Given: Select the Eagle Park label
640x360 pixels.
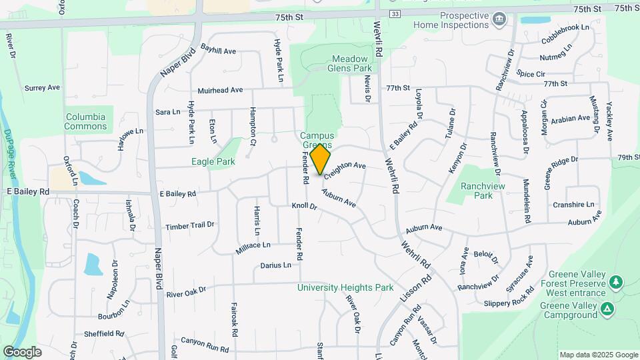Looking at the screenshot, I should [213, 161].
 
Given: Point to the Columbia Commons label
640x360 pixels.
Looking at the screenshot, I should [85, 121].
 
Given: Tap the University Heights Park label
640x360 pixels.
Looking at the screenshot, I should [345, 288].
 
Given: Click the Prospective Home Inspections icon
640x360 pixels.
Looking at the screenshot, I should [499, 19].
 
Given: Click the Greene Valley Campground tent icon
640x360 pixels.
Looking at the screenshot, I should [607, 309].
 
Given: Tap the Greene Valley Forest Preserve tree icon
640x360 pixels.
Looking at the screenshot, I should [617, 281].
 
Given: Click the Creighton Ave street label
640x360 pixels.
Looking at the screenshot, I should [345, 169].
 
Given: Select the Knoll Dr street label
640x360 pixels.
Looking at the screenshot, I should [303, 206].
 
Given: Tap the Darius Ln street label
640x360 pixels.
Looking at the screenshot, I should [275, 265].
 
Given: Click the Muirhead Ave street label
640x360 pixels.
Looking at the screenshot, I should [220, 90].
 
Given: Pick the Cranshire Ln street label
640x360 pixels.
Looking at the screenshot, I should [573, 205].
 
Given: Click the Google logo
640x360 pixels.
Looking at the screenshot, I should [22, 351].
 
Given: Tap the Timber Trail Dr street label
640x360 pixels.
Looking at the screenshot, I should [190, 226].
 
